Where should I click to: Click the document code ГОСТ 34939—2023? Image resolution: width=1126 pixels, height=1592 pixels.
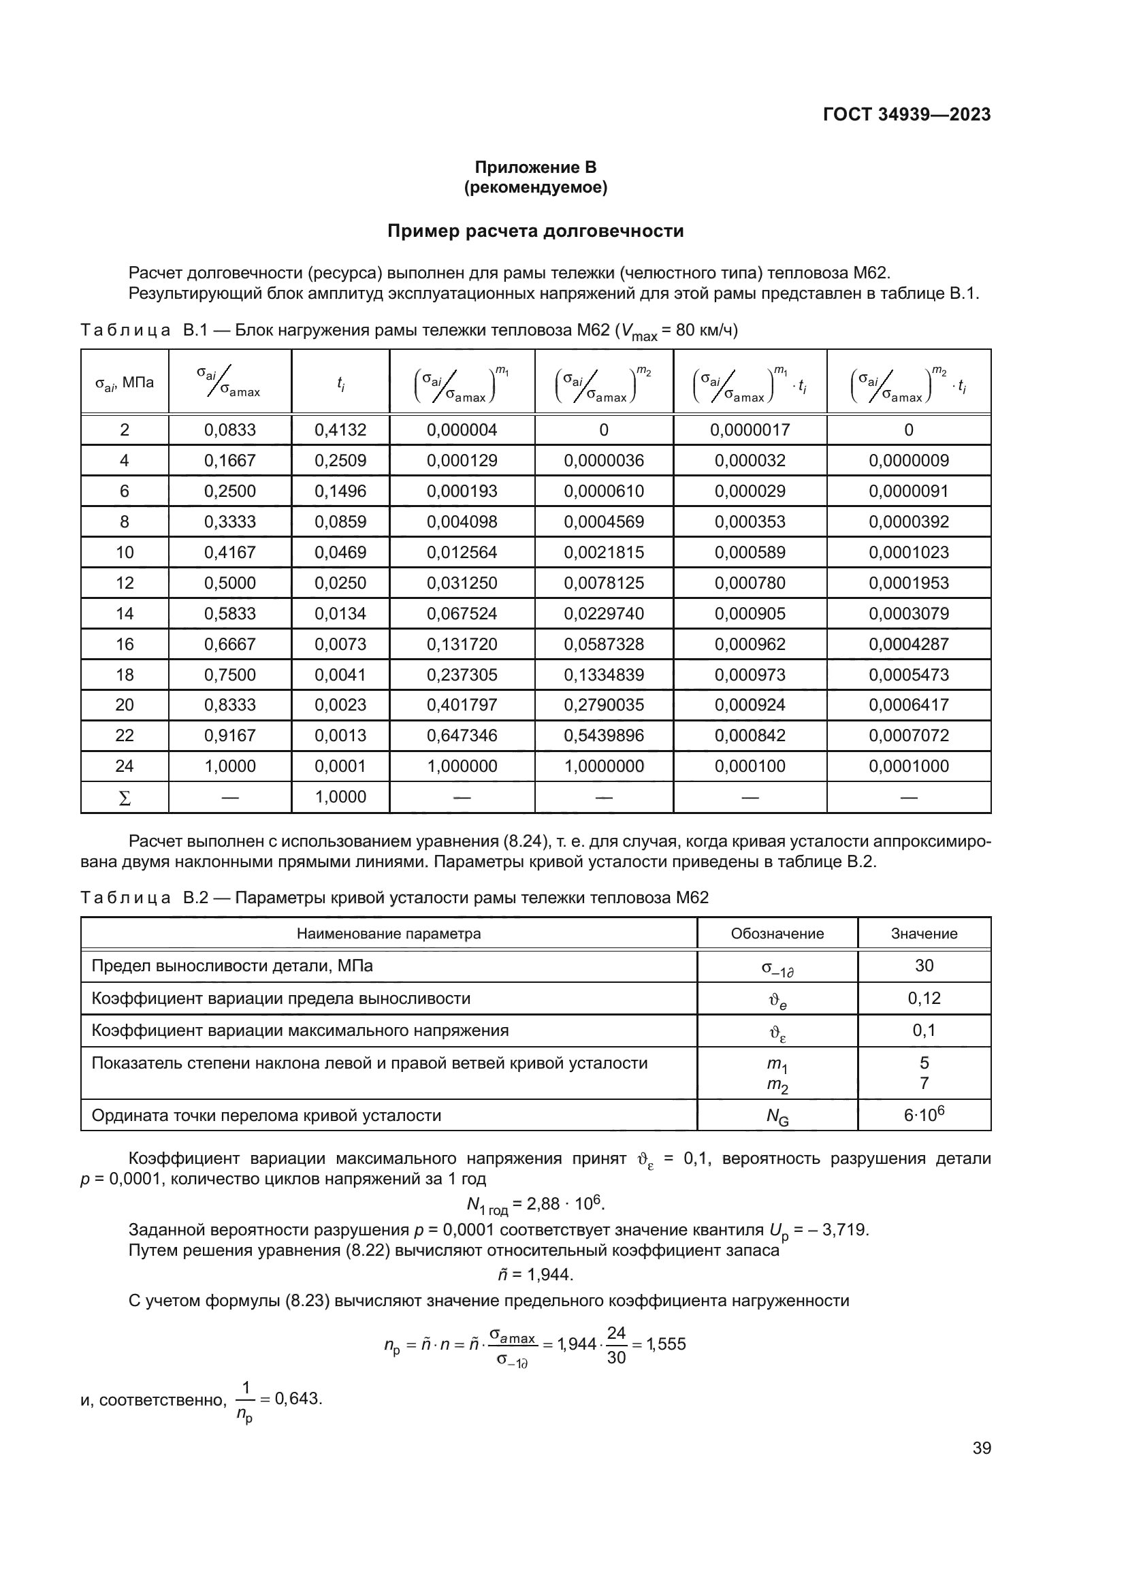(906, 114)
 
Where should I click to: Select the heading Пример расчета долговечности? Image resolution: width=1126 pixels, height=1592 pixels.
(534, 231)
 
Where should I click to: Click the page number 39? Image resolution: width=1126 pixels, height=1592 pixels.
(981, 1448)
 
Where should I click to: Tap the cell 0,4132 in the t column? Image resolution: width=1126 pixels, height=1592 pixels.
(340, 430)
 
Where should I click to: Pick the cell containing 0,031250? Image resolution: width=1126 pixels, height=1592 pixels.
(462, 583)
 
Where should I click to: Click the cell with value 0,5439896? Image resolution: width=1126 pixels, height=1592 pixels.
(603, 736)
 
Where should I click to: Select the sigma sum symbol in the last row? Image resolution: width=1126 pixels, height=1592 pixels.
(125, 798)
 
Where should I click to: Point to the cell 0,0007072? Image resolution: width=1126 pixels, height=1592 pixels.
(908, 736)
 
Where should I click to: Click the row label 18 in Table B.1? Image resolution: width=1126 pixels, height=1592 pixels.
(125, 675)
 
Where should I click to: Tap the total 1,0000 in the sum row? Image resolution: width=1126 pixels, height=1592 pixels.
(340, 797)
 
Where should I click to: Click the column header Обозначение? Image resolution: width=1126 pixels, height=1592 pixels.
(777, 934)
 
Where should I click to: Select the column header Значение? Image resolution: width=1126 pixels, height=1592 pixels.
(924, 934)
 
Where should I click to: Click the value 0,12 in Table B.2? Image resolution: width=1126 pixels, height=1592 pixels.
(924, 998)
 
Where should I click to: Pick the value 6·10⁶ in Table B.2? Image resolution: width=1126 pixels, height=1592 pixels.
(924, 1116)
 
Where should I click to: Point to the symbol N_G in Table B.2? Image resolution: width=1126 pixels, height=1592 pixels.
(777, 1117)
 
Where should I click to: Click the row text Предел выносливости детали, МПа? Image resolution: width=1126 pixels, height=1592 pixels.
(232, 966)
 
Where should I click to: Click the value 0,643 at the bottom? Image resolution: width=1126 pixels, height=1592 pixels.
(298, 1399)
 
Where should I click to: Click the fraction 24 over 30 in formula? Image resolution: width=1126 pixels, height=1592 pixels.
(615, 1345)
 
